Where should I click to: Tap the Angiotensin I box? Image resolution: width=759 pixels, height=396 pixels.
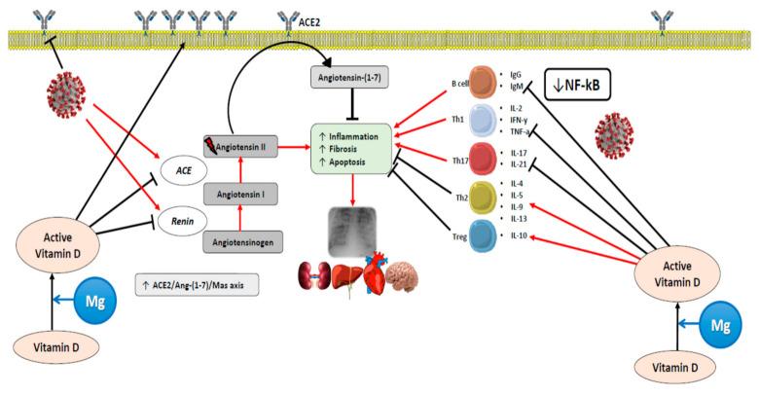239,195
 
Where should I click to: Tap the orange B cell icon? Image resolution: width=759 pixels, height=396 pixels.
484,81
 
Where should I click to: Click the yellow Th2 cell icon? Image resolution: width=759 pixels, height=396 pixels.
484,197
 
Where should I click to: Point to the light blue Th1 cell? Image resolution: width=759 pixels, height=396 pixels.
484,119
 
